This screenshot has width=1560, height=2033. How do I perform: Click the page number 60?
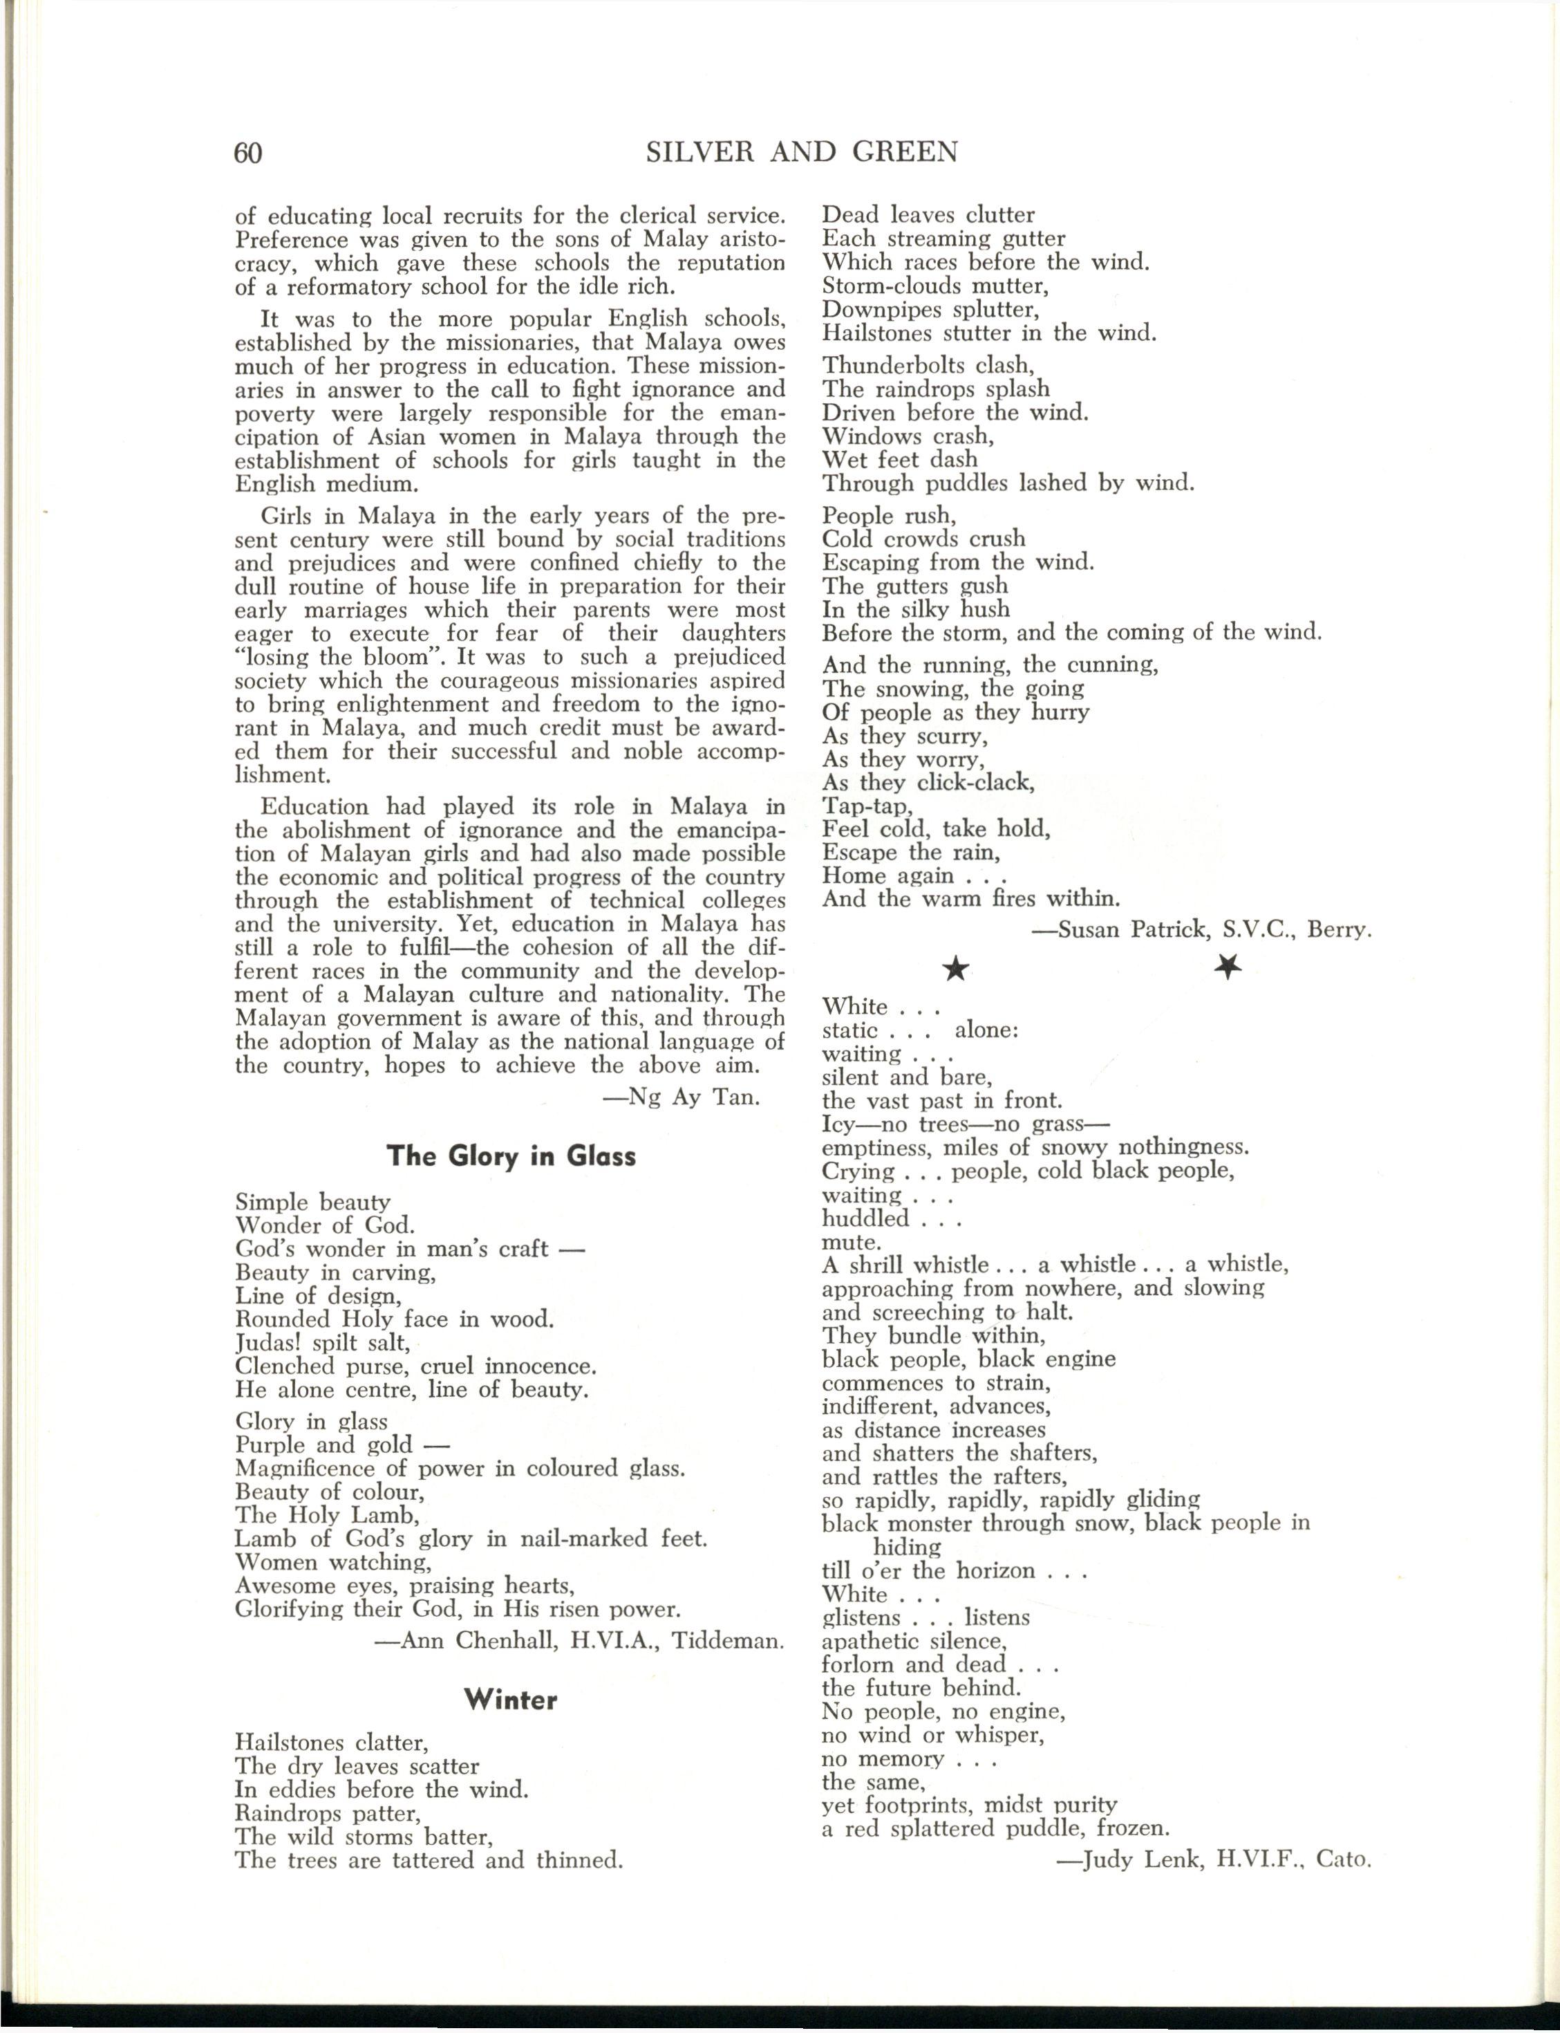coord(249,152)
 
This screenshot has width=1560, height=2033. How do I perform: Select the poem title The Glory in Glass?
coord(511,1156)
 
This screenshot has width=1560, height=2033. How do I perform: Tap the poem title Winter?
coord(511,1700)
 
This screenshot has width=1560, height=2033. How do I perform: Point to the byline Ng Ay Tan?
coord(682,1098)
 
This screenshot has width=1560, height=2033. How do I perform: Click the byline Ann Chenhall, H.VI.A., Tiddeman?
coord(579,1641)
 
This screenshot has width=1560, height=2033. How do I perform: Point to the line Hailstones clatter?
coord(332,1743)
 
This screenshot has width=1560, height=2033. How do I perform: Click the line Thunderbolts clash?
coord(928,365)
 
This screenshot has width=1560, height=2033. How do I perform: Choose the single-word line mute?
coord(851,1243)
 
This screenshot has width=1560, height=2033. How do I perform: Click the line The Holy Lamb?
coord(327,1515)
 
